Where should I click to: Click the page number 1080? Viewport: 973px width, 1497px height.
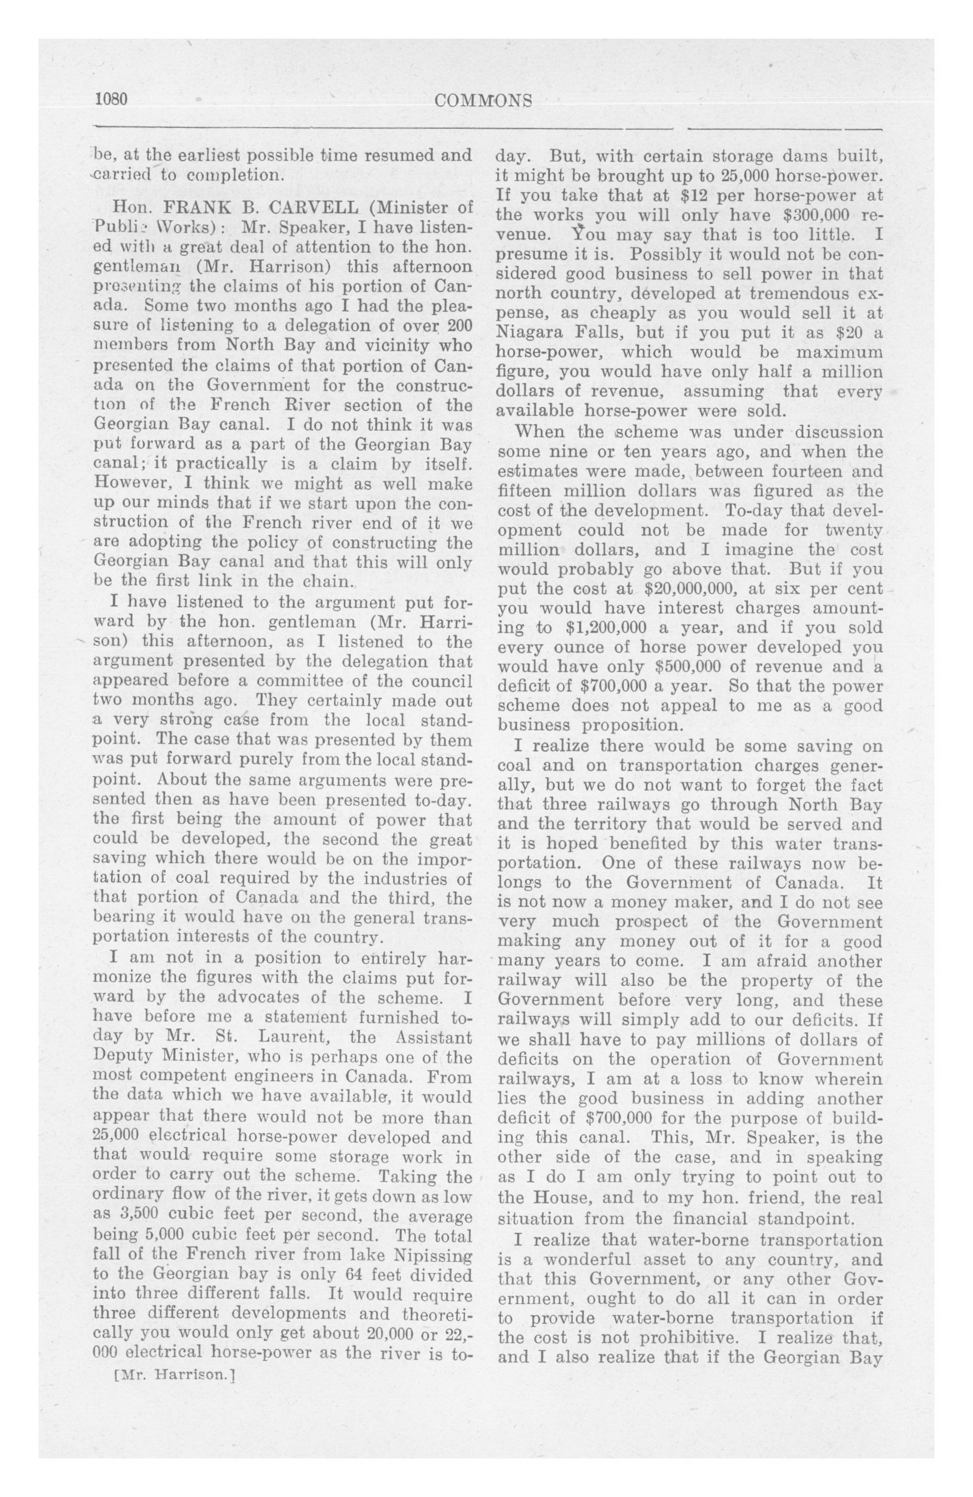click(111, 100)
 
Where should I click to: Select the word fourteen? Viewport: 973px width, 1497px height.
click(784, 472)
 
